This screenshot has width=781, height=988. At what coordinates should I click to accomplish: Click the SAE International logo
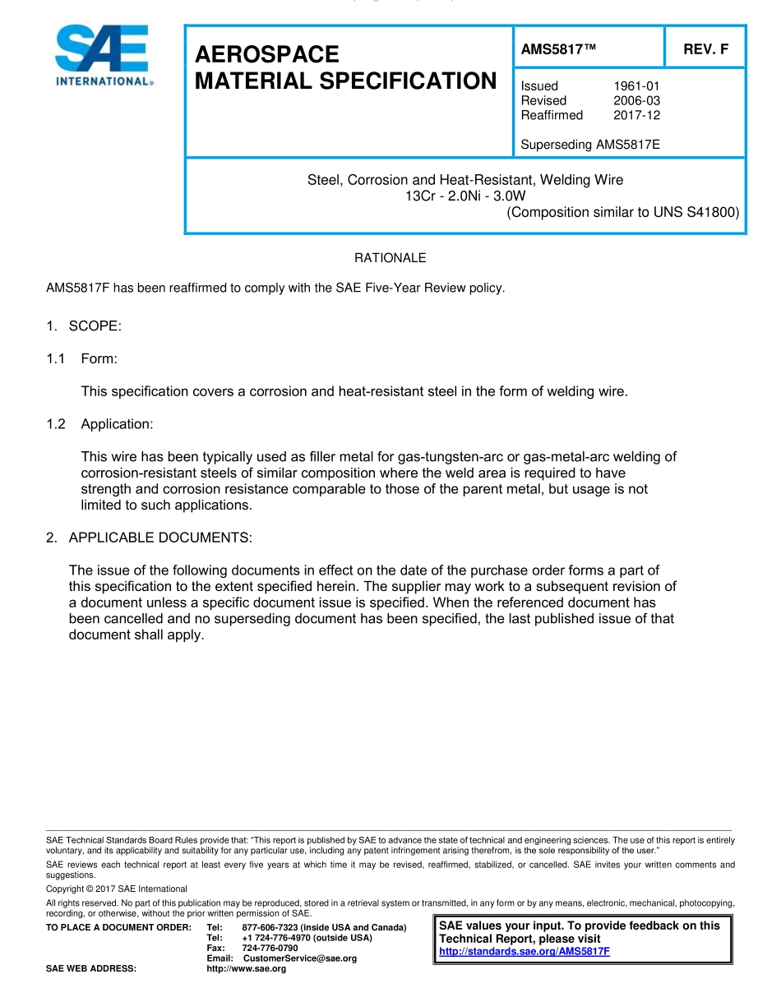pos(103,55)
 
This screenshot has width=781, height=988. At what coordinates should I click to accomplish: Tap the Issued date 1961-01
pos(636,85)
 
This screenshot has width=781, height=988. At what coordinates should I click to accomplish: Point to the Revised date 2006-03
pos(636,100)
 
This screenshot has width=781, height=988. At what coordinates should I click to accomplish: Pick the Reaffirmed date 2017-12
pos(636,115)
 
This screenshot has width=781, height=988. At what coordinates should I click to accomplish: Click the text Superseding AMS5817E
pos(590,145)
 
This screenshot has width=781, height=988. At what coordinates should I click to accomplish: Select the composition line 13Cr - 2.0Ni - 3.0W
pos(465,196)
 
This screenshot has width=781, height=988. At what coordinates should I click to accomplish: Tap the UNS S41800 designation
pos(696,212)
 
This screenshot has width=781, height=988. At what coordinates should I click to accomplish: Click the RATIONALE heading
pos(390,258)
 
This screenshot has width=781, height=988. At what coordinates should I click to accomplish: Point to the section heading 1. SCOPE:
pos(84,326)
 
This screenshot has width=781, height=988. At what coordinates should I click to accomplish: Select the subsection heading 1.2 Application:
pos(117,424)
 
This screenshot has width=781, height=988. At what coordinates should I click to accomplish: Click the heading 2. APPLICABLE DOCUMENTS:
pos(149,538)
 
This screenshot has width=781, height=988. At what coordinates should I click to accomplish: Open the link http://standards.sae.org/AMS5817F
pos(525,952)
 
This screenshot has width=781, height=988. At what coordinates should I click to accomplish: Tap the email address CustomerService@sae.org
pos(300,958)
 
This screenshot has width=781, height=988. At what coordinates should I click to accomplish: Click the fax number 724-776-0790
pos(270,948)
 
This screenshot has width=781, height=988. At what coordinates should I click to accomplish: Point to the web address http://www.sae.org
pos(246,969)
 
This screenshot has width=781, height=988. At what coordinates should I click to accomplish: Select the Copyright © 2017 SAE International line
pos(116,889)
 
